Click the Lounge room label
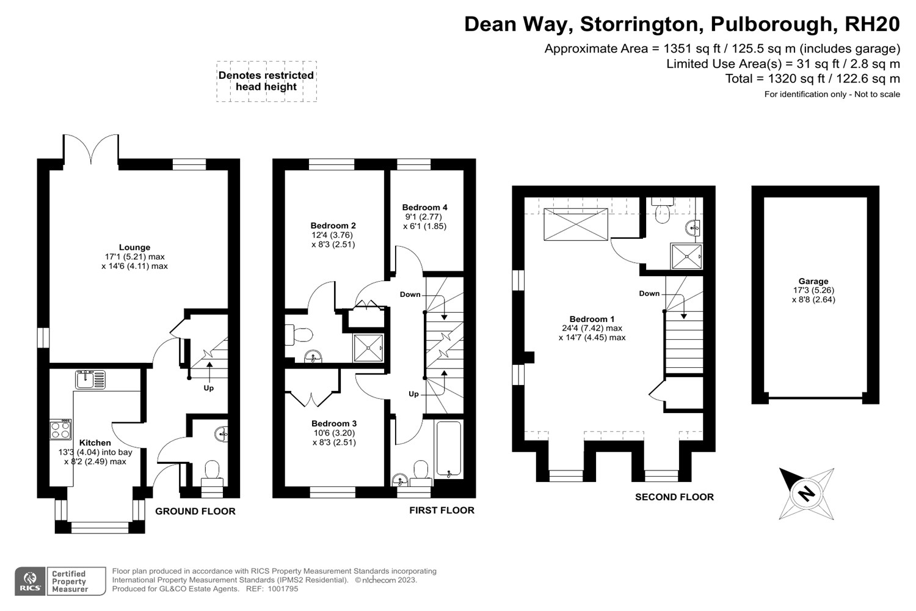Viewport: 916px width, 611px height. [x=134, y=247]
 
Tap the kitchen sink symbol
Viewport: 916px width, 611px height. [x=90, y=380]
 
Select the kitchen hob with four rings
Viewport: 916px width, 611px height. [x=60, y=430]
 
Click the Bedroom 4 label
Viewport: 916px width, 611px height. [x=424, y=207]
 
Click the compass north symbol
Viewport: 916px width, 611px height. [x=807, y=493]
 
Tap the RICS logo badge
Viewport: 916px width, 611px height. [x=30, y=581]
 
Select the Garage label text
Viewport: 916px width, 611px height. [x=813, y=282]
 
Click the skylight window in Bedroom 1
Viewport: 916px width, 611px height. [x=575, y=224]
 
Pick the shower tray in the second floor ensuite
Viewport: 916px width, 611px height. [x=686, y=256]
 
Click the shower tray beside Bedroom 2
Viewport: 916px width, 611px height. [x=369, y=348]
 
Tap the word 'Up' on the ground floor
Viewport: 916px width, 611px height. [x=208, y=388]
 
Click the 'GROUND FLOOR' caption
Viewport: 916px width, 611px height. [x=195, y=511]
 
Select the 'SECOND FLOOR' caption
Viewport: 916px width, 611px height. [x=674, y=497]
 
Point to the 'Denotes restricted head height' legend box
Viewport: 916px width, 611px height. [x=266, y=81]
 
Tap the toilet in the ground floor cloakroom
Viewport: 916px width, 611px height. [x=212, y=470]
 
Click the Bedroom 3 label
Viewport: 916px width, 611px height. [x=333, y=423]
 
